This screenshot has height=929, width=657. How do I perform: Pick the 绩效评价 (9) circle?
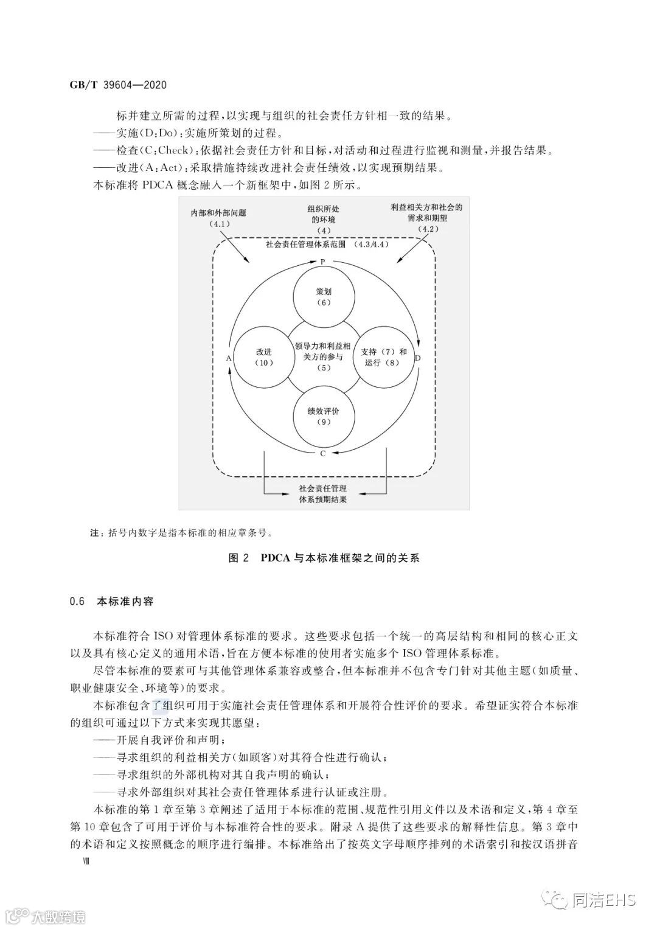(323, 417)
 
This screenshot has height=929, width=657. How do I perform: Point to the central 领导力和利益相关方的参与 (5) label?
(323, 357)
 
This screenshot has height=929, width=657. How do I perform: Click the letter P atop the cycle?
(323, 262)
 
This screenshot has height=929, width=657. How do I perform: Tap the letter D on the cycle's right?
(417, 358)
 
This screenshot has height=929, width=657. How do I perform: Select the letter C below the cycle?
(322, 453)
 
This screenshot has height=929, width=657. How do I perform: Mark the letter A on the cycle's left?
(229, 358)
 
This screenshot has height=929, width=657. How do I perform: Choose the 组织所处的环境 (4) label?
(323, 220)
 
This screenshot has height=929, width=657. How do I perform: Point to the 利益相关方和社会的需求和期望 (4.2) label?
(426, 218)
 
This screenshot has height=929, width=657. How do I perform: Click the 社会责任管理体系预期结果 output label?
(323, 494)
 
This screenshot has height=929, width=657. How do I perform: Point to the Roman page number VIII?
(77, 861)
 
